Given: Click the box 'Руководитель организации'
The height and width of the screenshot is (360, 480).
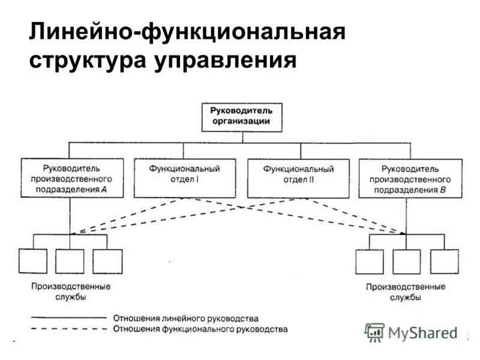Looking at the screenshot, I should [241, 116].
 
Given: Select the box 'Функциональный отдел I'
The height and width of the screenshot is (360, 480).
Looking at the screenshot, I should [185, 178].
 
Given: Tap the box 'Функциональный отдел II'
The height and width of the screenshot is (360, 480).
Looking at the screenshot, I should [298, 178].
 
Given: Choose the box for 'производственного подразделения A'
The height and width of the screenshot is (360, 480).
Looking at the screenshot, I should [72, 178].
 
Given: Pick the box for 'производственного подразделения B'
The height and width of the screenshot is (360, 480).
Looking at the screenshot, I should [410, 178].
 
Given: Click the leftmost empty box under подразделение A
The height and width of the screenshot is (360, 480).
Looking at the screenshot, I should [32, 262].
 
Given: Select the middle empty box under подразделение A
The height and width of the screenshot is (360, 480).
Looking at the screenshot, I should [70, 262].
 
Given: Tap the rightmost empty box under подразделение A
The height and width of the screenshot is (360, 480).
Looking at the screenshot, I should [107, 262].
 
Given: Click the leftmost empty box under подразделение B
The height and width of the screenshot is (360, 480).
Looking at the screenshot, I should [369, 262].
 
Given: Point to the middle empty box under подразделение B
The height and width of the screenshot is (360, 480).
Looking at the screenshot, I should [406, 262].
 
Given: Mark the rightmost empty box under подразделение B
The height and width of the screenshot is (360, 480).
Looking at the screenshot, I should [444, 262].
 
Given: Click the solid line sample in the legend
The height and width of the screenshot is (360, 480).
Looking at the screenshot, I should [68, 317].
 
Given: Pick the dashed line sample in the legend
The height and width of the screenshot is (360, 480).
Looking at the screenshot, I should [68, 328].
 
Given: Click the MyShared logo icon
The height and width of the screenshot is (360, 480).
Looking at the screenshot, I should [375, 332].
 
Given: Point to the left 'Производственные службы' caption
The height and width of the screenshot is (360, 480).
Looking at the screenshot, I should [73, 292].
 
